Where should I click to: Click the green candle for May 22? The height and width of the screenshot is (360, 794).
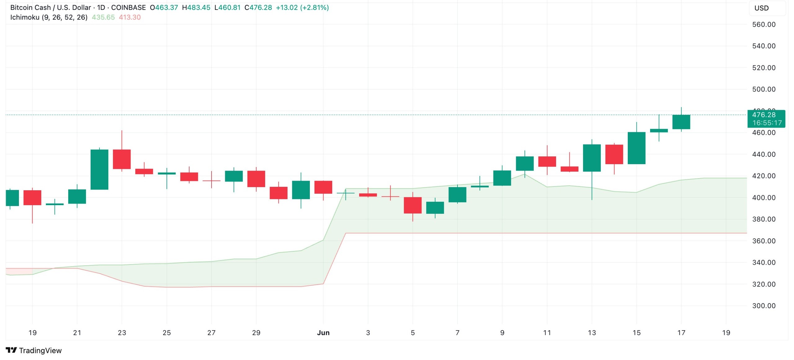click(99, 169)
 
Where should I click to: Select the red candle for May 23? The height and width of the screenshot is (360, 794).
click(122, 159)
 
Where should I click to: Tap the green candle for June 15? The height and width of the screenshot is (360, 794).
click(636, 148)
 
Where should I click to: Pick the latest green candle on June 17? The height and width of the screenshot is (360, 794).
click(681, 122)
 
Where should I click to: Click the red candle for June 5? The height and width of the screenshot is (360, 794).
click(413, 205)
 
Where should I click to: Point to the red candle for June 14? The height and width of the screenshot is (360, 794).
click(614, 154)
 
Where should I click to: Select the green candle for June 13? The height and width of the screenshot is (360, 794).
click(592, 158)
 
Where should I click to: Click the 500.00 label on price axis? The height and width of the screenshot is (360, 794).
click(764, 89)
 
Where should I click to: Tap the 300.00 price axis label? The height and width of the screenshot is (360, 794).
click(764, 306)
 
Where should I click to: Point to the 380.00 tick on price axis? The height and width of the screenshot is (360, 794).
click(764, 219)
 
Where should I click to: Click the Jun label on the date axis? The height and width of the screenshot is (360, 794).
click(323, 333)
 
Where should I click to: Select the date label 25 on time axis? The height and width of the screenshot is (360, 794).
click(167, 333)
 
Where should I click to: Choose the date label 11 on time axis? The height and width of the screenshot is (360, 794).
click(547, 333)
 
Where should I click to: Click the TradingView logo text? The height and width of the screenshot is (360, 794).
click(40, 350)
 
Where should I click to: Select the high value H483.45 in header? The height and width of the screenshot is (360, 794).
click(196, 7)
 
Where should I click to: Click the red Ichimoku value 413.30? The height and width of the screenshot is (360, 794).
click(130, 17)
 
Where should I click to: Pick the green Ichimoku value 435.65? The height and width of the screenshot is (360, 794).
click(103, 17)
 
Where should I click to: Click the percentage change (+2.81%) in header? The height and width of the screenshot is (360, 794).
click(314, 7)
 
